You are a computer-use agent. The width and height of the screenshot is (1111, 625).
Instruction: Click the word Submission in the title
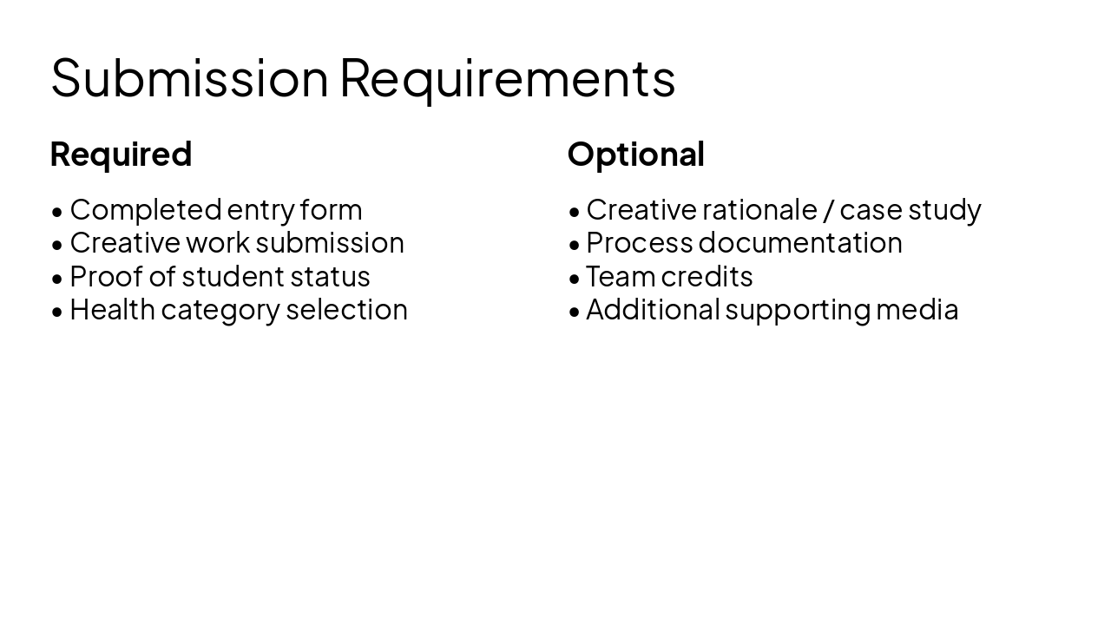(x=189, y=77)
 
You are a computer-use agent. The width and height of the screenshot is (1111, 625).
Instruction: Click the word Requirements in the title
(x=507, y=77)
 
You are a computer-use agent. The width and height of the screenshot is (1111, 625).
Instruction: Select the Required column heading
(x=121, y=155)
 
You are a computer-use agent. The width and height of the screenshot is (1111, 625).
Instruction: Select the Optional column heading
(x=635, y=155)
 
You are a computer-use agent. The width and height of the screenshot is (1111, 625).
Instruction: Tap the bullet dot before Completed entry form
(x=57, y=211)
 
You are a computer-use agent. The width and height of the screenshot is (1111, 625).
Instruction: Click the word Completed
(x=145, y=210)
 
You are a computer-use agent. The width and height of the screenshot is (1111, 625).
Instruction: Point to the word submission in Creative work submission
(x=330, y=243)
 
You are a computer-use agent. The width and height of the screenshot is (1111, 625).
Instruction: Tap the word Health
(x=112, y=309)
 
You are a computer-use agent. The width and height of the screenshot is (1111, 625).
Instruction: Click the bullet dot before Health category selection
(x=57, y=311)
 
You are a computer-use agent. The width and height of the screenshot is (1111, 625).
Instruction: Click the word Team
(x=620, y=276)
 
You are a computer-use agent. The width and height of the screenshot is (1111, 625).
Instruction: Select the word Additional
(x=653, y=309)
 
